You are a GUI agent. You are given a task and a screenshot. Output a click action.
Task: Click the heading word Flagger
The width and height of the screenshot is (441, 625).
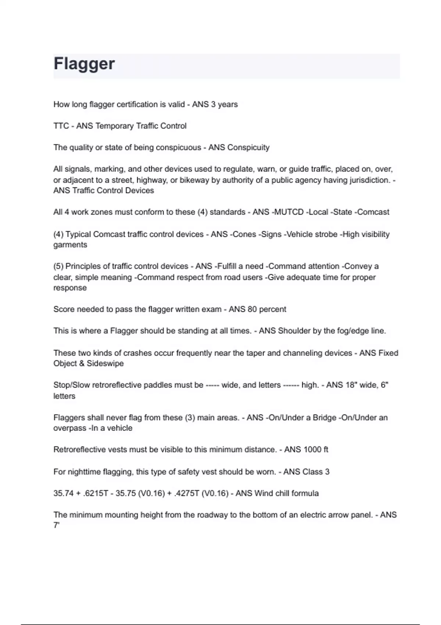(84, 64)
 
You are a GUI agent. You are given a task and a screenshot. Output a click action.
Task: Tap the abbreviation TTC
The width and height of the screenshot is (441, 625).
(61, 126)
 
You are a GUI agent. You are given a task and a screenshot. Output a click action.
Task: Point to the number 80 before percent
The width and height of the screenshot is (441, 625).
(252, 309)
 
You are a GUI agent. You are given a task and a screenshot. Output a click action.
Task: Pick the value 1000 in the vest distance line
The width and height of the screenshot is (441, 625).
(313, 450)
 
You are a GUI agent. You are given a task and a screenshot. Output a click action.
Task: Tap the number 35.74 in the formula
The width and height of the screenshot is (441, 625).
(64, 493)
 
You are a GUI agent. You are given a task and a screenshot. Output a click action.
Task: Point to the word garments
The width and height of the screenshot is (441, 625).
(70, 245)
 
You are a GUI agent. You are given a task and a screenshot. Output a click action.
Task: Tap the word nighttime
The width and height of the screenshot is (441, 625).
(87, 472)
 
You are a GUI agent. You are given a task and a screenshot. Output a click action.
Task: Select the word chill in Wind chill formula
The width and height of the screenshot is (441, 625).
(281, 493)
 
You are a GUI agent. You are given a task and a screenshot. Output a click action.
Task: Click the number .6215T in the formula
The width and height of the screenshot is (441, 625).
(96, 493)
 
